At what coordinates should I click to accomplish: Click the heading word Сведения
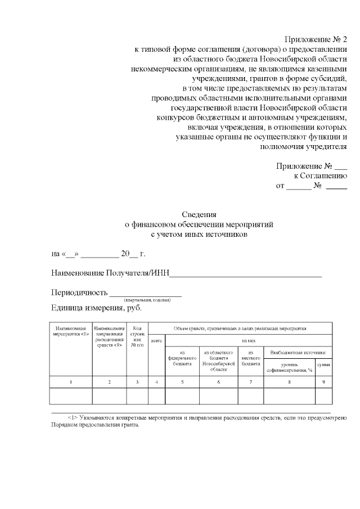point(199,214)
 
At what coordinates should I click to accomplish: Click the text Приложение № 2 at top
point(317,39)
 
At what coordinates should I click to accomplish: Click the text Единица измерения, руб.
point(96,308)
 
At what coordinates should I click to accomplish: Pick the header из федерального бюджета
point(182,361)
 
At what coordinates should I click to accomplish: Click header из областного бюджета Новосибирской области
point(218,363)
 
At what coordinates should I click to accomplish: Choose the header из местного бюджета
point(250,361)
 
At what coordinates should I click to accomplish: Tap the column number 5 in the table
point(182,382)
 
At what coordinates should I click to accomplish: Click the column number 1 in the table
point(71,382)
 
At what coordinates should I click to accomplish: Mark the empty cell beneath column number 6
point(218,397)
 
